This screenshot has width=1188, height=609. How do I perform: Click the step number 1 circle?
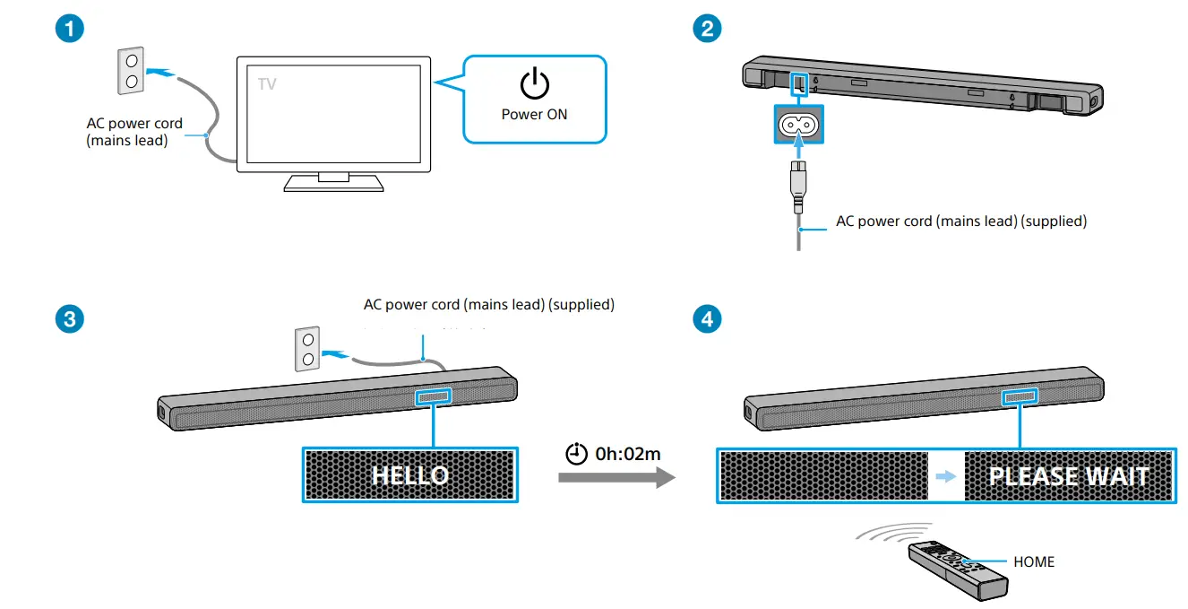[70, 28]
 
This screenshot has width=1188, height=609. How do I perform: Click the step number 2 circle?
[708, 28]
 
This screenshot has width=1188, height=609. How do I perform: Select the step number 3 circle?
[70, 318]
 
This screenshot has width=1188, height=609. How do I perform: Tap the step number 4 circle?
[708, 318]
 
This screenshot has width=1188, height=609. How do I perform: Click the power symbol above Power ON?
[535, 84]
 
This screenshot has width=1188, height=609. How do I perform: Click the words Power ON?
[535, 114]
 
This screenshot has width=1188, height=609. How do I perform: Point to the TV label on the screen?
[267, 84]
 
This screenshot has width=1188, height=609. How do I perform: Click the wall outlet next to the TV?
[131, 71]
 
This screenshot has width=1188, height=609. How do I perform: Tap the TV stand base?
[333, 183]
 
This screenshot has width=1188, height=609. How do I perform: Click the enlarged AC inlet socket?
[798, 125]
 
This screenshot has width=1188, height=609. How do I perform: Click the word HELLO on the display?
[410, 475]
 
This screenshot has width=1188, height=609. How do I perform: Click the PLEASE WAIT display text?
[1069, 476]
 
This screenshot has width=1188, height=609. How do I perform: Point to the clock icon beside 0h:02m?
[577, 454]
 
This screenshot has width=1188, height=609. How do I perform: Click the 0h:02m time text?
[627, 454]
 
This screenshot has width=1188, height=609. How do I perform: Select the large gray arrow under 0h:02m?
[616, 477]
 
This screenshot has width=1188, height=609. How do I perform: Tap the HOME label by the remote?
[1034, 562]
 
